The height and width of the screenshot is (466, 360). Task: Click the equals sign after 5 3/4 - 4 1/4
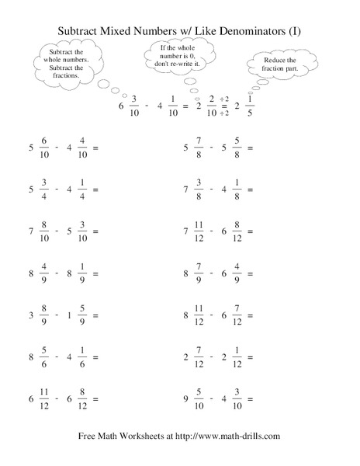tap(95, 189)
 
